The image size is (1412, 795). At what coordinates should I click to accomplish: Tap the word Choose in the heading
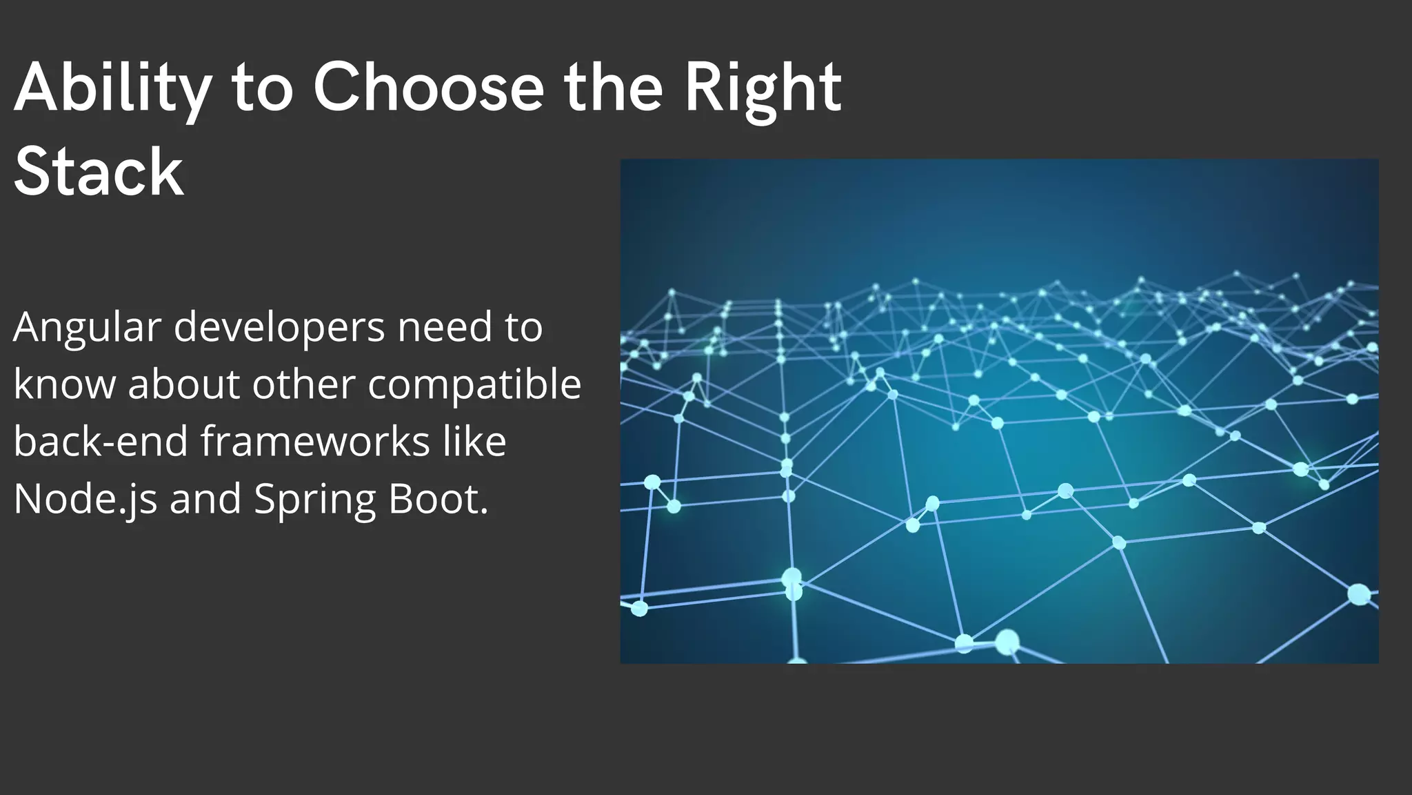pyautogui.click(x=428, y=88)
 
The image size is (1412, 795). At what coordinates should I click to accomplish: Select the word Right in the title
pyautogui.click(x=763, y=88)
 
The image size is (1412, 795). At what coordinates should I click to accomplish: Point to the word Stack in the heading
pyautogui.click(x=99, y=172)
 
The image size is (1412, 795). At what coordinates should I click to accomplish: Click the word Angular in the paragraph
pyautogui.click(x=87, y=328)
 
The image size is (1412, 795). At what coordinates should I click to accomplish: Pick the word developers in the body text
pyautogui.click(x=279, y=328)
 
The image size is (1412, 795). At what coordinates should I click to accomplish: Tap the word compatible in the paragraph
pyautogui.click(x=474, y=384)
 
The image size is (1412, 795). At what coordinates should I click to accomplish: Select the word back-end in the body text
pyautogui.click(x=101, y=442)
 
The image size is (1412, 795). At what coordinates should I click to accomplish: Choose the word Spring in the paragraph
pyautogui.click(x=314, y=500)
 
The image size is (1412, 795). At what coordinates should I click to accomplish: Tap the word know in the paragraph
pyautogui.click(x=64, y=384)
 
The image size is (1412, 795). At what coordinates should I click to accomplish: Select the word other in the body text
pyautogui.click(x=303, y=384)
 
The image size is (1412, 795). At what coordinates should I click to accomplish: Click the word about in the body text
pyautogui.click(x=183, y=384)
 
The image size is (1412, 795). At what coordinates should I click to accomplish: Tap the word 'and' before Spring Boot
pyautogui.click(x=205, y=498)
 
